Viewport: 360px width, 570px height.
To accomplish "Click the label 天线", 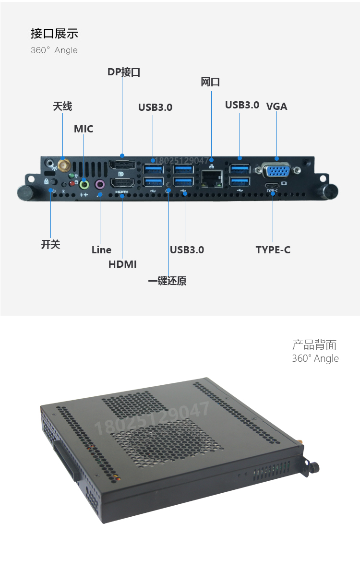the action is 62,106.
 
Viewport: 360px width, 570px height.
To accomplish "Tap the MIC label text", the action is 84,129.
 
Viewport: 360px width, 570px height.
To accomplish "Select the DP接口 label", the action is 124,72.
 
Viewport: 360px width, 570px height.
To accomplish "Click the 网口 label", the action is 210,82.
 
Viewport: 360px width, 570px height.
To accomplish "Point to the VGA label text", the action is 276,106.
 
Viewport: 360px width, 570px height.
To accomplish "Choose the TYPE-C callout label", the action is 273,249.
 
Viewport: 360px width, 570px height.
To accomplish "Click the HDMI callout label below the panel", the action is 122,264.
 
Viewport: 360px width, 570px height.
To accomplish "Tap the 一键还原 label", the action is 167,281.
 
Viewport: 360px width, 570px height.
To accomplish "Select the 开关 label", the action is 50,244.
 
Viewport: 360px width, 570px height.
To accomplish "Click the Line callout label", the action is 101,249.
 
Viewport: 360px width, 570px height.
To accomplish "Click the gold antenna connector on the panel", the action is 63,166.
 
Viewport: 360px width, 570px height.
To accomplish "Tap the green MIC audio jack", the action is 84,184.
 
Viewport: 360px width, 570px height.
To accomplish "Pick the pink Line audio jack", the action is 100,184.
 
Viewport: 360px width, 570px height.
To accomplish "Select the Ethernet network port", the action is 211,178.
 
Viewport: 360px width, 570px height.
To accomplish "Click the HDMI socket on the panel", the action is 122,183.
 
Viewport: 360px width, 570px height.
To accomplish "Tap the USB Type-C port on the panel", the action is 272,186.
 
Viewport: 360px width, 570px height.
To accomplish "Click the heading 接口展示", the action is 54,34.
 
